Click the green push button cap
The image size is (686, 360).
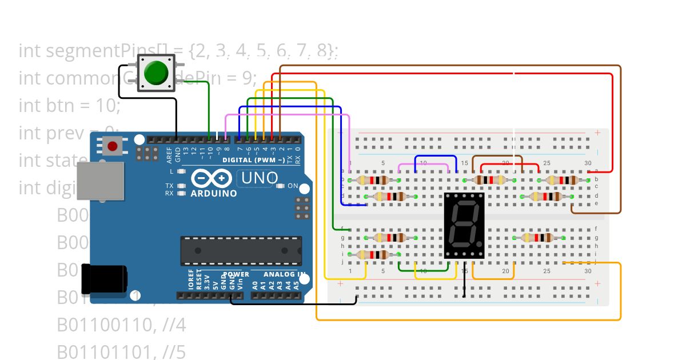[x=156, y=73]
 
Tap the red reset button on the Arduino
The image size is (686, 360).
[x=113, y=146]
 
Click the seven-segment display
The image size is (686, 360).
[x=464, y=225]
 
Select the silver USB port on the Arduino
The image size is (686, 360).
[x=101, y=180]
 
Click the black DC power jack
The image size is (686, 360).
[x=103, y=278]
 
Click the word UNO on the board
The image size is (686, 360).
[x=260, y=178]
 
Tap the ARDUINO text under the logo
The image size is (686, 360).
[x=214, y=193]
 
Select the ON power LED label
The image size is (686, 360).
[x=292, y=186]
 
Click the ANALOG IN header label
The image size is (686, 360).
[x=284, y=274]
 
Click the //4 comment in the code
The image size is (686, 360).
[x=174, y=325]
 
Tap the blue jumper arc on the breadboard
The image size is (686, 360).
[x=436, y=157]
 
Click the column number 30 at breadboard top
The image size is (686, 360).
[x=588, y=163]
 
